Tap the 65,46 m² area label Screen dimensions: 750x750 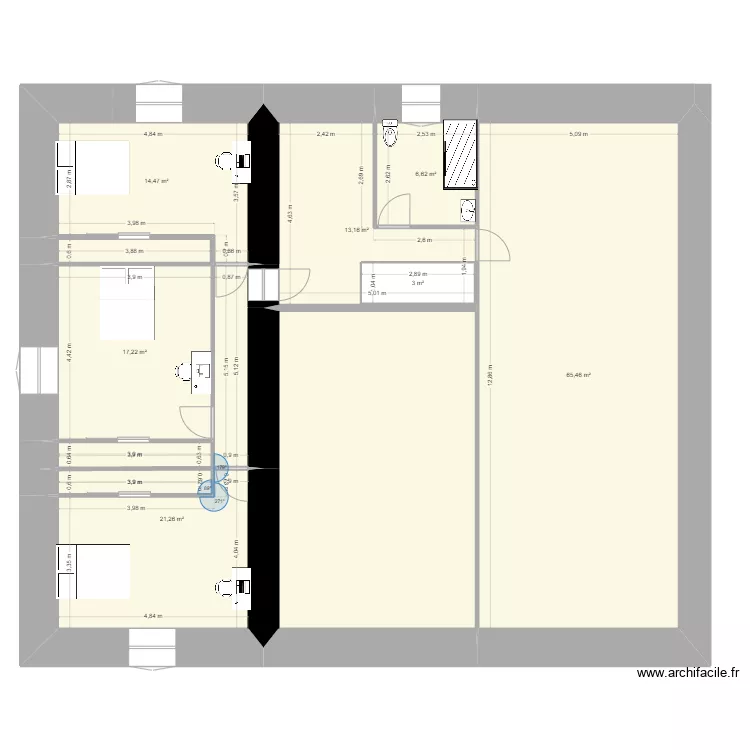pyautogui.click(x=578, y=376)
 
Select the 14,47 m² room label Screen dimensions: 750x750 pyautogui.click(x=156, y=181)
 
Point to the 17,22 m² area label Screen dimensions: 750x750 pyautogui.click(x=135, y=352)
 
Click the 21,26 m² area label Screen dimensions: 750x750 pyautogui.click(x=172, y=518)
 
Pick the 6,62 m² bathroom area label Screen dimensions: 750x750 pyautogui.click(x=426, y=174)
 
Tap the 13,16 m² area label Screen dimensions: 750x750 pyautogui.click(x=357, y=230)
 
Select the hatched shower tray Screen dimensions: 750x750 pyautogui.click(x=460, y=154)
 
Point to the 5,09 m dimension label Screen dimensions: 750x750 pyautogui.click(x=579, y=133)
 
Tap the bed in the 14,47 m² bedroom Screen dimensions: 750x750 pyautogui.click(x=94, y=166)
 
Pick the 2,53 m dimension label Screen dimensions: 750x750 pyautogui.click(x=425, y=133)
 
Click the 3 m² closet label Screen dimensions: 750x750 pyautogui.click(x=417, y=283)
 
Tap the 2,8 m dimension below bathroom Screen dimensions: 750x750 pyautogui.click(x=424, y=240)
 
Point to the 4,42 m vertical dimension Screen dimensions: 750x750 pyautogui.click(x=69, y=352)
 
